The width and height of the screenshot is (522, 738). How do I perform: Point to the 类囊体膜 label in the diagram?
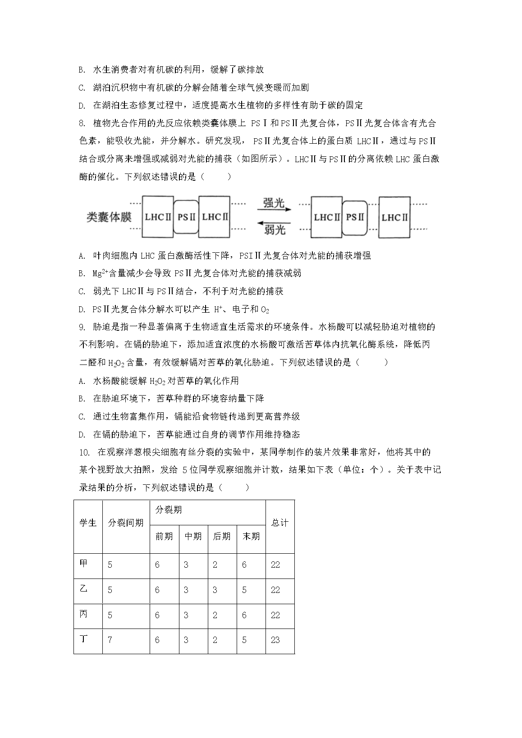point(109,217)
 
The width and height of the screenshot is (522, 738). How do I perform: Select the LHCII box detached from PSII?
point(394,217)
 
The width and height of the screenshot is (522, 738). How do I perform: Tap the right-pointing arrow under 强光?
point(274,210)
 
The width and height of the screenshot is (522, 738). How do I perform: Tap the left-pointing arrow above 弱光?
point(274,222)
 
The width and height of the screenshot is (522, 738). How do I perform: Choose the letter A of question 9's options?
point(82,381)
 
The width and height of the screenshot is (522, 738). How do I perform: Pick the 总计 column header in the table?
point(279,523)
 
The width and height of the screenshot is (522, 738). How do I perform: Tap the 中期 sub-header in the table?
point(193,536)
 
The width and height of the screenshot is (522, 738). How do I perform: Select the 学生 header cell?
point(88,523)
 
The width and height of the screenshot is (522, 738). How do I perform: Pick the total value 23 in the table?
point(275,640)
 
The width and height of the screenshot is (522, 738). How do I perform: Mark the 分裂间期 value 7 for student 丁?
point(110,640)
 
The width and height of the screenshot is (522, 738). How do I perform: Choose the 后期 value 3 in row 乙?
point(215,590)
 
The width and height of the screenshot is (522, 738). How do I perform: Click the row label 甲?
point(84,564)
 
